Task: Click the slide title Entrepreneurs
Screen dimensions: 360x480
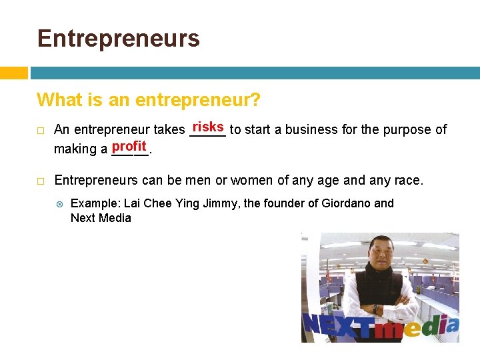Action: [x=119, y=39]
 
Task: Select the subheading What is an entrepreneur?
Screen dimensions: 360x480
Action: [x=148, y=100]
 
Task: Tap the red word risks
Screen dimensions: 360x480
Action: [x=208, y=127]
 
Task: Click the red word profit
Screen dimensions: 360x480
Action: [x=129, y=145]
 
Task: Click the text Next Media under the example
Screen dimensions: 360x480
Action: [x=101, y=218]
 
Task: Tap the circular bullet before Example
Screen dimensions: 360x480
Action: [x=59, y=203]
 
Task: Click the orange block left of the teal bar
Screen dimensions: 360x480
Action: [x=13, y=73]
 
